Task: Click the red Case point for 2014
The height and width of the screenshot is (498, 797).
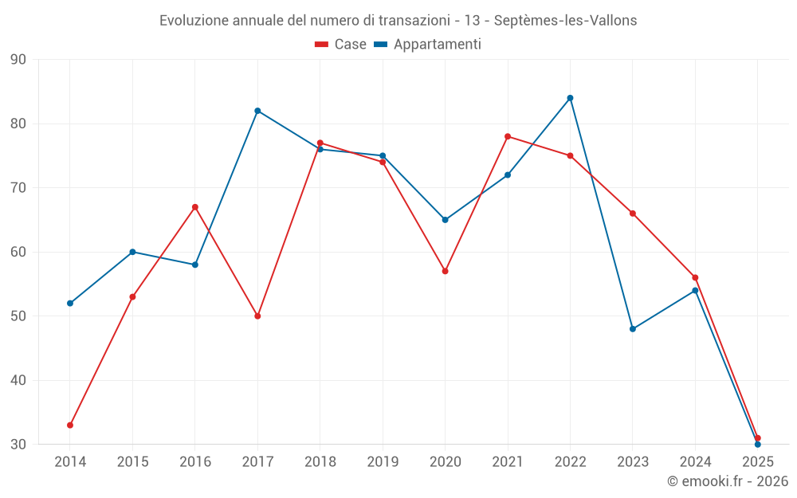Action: (x=70, y=425)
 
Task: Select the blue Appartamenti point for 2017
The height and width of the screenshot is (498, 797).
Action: (x=257, y=111)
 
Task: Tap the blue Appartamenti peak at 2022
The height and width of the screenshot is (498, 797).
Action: (x=570, y=98)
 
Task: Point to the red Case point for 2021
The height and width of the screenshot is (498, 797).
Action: (x=508, y=136)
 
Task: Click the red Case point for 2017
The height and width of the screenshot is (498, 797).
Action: (x=257, y=316)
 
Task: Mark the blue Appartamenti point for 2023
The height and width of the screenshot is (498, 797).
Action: (x=633, y=329)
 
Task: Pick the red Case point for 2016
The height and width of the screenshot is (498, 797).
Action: (x=195, y=207)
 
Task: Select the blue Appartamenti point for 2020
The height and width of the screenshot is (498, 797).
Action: (x=445, y=220)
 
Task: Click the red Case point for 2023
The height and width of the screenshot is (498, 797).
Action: (x=633, y=214)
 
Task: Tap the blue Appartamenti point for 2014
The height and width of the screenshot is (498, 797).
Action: (x=70, y=303)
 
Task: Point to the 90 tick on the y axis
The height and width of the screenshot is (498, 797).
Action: (x=18, y=60)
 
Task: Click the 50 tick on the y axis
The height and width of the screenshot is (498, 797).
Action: (x=18, y=316)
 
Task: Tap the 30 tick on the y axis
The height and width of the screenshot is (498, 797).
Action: (x=18, y=445)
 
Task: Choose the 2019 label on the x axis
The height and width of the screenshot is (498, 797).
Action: (x=383, y=461)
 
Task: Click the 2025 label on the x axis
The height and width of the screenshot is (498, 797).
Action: (x=757, y=461)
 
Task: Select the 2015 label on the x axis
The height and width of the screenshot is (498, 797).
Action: (x=132, y=461)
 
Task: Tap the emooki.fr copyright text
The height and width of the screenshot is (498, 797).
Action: (x=727, y=481)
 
